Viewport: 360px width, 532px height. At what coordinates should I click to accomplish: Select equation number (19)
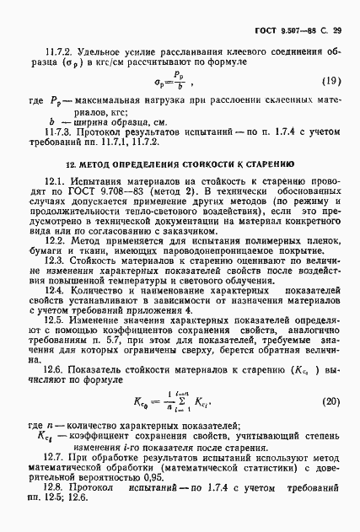pyautogui.click(x=332, y=81)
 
